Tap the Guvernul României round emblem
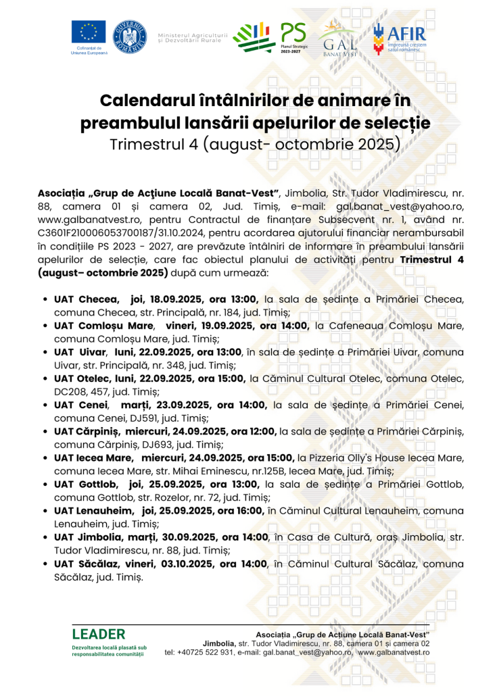pos(131,36)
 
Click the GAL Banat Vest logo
pos(340,36)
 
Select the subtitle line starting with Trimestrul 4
pos(256,144)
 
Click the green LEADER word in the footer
pos(98,635)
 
